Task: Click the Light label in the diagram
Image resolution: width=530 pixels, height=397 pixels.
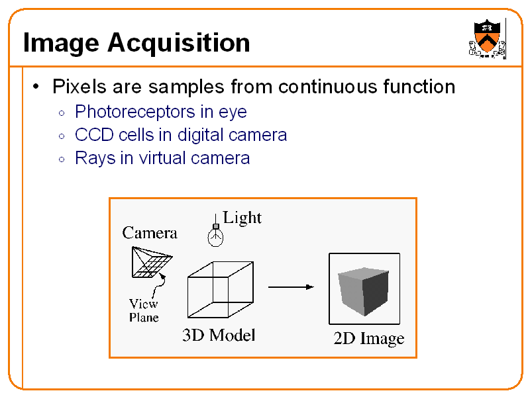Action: click(x=242, y=218)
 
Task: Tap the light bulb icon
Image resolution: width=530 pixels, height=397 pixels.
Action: click(x=215, y=234)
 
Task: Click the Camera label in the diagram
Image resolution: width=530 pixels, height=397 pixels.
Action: click(x=150, y=233)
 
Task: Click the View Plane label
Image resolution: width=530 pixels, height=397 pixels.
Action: click(x=144, y=310)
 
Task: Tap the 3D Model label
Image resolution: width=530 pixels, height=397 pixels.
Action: click(x=219, y=335)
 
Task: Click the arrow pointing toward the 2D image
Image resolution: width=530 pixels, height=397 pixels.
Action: click(x=291, y=287)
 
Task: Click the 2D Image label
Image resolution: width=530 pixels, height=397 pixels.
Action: click(x=368, y=339)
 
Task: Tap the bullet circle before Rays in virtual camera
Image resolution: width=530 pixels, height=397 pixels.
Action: click(x=60, y=159)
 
